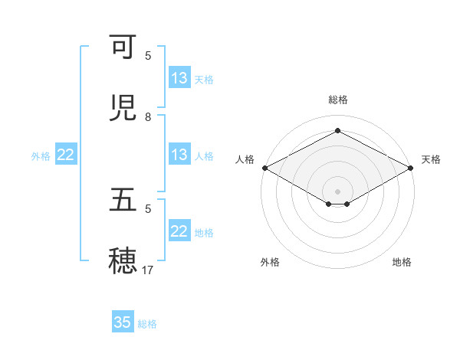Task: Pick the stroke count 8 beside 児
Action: (148, 116)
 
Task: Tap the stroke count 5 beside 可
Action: (148, 55)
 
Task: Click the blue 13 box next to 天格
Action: (179, 78)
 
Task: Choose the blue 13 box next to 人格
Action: (179, 155)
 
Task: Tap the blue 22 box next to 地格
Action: (179, 231)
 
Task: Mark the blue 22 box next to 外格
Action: (66, 155)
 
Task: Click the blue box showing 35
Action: (123, 322)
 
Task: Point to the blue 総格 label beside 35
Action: (147, 324)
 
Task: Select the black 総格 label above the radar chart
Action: (337, 100)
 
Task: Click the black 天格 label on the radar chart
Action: (431, 159)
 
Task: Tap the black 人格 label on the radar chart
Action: (245, 159)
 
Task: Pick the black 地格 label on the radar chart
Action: (402, 263)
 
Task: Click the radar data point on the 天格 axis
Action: (411, 168)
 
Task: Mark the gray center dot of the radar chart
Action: (337, 191)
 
